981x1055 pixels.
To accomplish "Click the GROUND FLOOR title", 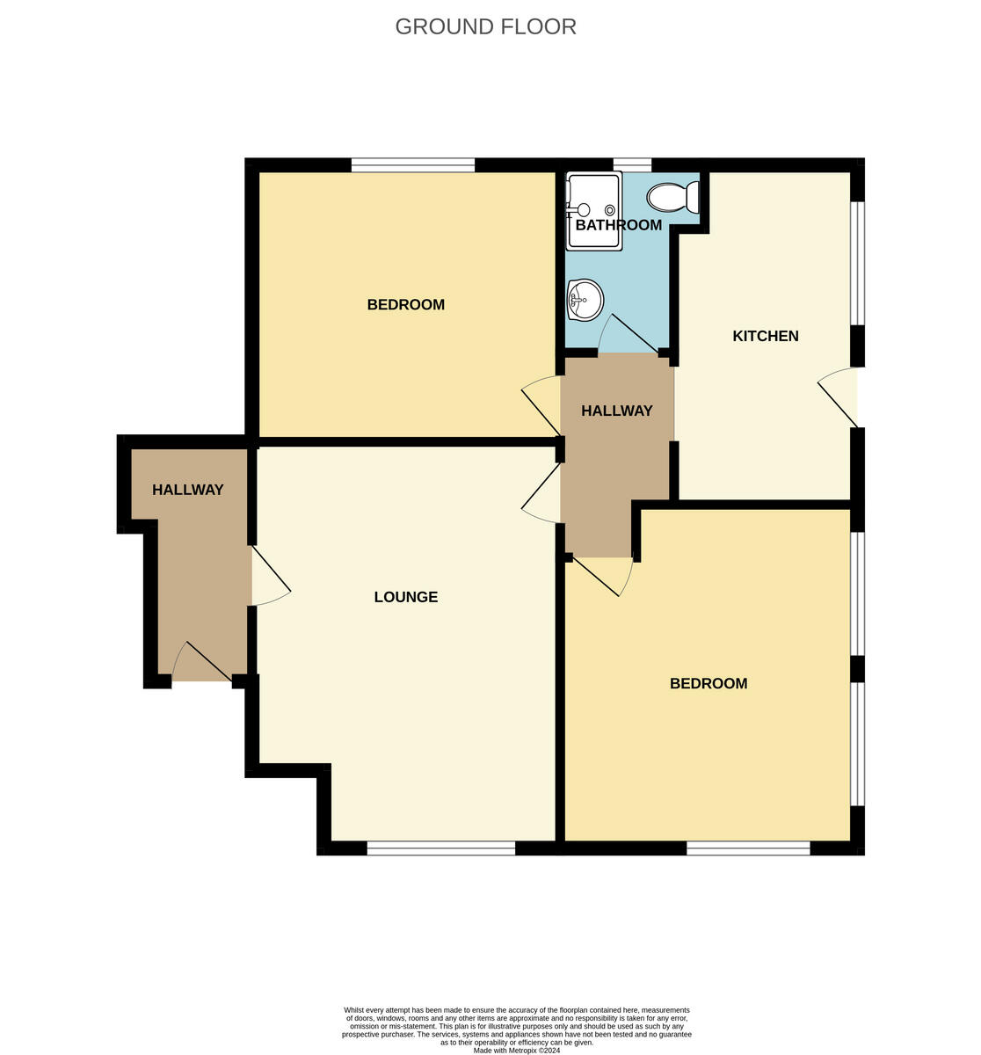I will coord(485,26).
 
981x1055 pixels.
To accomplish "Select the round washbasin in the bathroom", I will coord(585,300).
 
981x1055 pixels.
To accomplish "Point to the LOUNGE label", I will coord(405,597).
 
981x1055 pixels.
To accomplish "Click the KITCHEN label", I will coord(765,336).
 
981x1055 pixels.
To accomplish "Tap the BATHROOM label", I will coord(618,225).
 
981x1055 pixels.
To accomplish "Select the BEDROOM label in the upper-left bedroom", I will coord(405,305).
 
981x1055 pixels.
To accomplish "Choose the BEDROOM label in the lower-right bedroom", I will coord(708,683).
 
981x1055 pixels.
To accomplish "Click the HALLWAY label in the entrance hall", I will coord(187,490).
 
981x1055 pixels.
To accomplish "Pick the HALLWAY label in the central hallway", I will coord(616,411).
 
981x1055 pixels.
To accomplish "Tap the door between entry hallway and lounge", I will coord(269,576).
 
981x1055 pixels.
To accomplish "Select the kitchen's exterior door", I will coord(840,397).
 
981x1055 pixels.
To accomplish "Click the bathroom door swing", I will coord(627,335).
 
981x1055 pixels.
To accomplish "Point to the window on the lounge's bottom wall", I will coord(440,848).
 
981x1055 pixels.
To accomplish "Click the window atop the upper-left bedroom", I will coord(412,164).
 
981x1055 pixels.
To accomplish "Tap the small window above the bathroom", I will coord(632,164).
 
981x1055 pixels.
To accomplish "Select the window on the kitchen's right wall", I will coord(857,264).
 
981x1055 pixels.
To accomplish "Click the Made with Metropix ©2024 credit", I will coord(516,1050).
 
